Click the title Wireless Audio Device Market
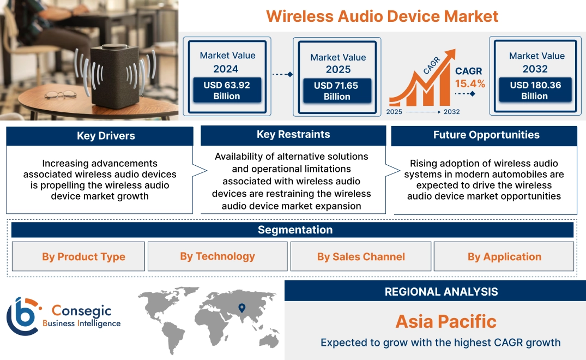382,16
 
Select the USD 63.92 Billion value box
226,90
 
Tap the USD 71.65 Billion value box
336,91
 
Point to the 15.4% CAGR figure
470,84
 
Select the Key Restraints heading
293,135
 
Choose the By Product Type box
83,257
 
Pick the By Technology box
218,256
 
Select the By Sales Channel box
361,257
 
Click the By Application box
504,257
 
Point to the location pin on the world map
241,308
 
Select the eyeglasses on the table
60,95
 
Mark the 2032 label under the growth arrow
451,112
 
